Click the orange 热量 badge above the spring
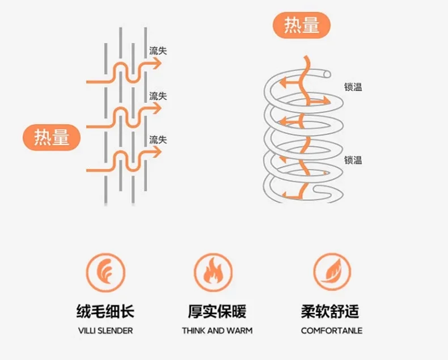302,26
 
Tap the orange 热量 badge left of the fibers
52,138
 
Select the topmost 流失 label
158,51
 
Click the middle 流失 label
158,96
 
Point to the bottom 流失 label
158,139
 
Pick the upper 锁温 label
353,87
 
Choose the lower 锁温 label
353,160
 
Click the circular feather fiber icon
104,272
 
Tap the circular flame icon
213,272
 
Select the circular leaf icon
332,272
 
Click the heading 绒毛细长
105,311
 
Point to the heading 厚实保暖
217,311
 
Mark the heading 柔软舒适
331,311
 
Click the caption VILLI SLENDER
105,331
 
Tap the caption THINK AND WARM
217,331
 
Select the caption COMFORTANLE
331,331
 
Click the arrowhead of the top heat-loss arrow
158,63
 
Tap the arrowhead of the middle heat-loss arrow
158,108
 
